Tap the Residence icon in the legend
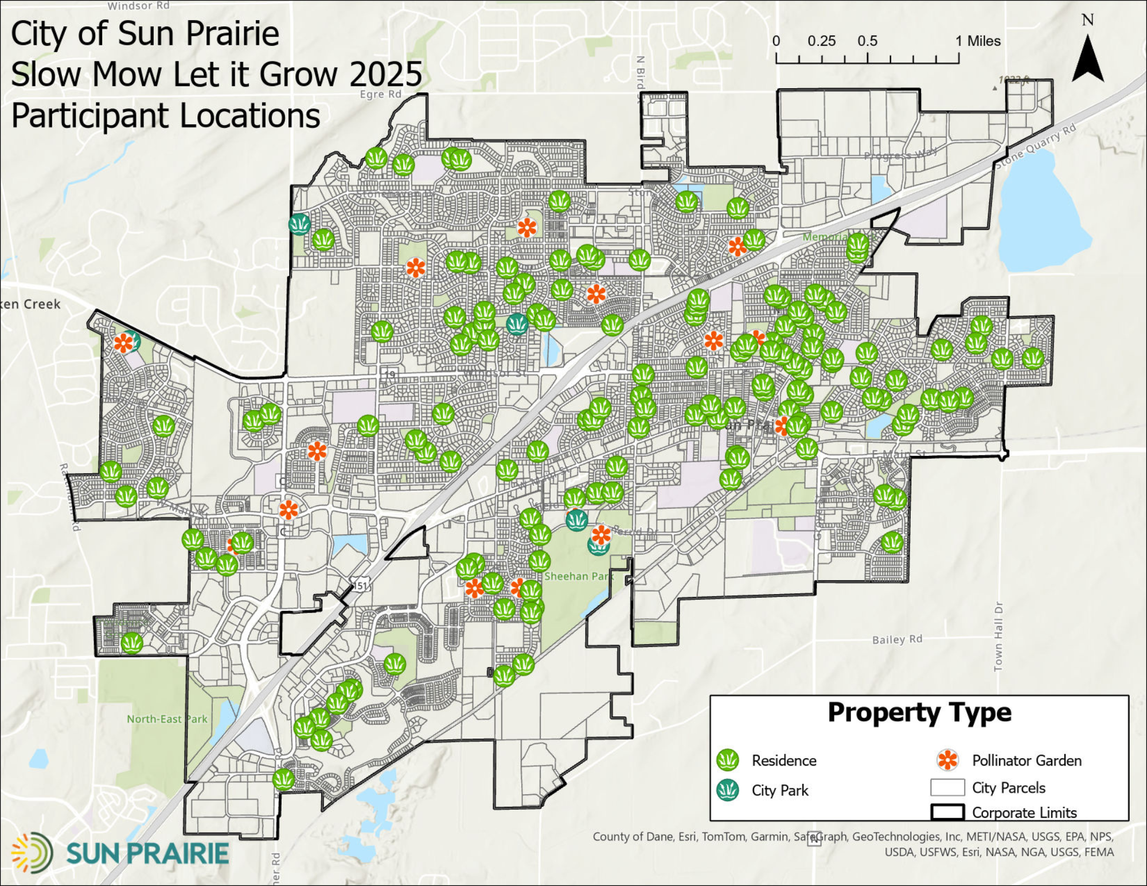pos(728,760)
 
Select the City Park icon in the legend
pos(728,790)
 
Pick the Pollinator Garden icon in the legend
pos(947,760)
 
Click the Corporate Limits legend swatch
pos(947,812)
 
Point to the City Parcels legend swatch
pos(947,787)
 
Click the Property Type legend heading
pos(919,713)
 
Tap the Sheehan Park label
pos(579,576)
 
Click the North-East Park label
pos(167,719)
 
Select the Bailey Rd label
pos(897,639)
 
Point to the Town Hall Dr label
pos(998,637)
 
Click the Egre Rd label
pos(380,94)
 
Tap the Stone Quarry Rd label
pos(1036,146)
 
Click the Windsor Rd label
pos(139,6)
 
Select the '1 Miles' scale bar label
pos(978,41)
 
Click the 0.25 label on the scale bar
pos(821,41)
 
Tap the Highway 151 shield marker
pos(360,586)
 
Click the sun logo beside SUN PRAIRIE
pos(32,853)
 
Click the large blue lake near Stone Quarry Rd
pos(1038,212)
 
